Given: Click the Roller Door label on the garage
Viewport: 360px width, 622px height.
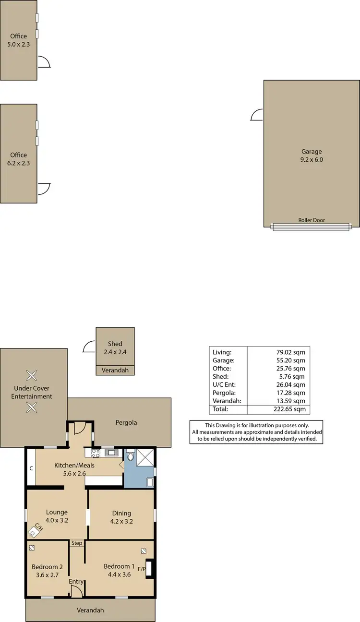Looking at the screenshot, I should click(x=312, y=220).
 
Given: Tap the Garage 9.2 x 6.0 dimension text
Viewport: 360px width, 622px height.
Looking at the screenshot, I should click(x=312, y=160).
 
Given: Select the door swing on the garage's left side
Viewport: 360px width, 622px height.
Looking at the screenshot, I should click(x=257, y=115).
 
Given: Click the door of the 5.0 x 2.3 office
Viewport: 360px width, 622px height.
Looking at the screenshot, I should click(x=44, y=61).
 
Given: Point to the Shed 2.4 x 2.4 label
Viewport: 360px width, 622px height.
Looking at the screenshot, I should click(x=115, y=347).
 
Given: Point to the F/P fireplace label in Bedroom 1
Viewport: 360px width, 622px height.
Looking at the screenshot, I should click(x=142, y=569).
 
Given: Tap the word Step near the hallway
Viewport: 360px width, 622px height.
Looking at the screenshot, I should click(x=77, y=543).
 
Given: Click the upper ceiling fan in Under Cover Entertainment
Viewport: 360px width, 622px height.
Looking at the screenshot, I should click(x=31, y=375).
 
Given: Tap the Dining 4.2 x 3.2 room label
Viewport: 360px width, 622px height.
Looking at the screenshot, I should click(x=121, y=517).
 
